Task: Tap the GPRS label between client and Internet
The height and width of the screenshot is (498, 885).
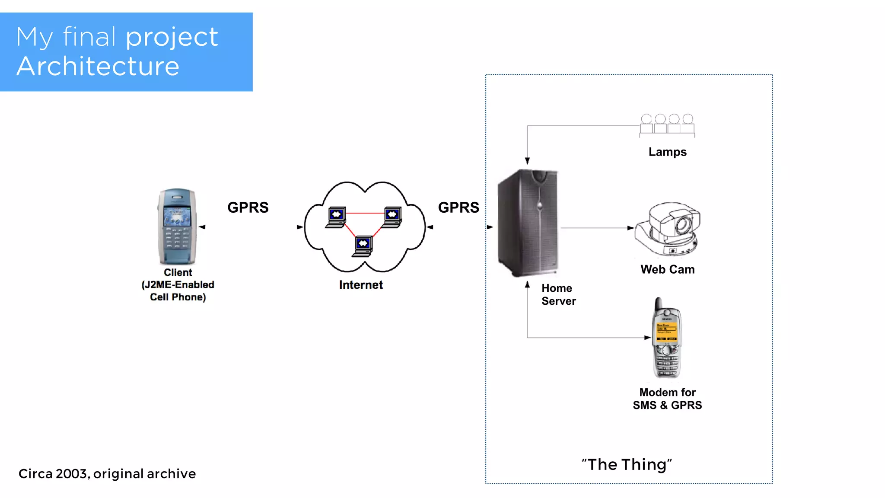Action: click(248, 207)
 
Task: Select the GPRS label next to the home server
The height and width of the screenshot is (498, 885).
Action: click(458, 207)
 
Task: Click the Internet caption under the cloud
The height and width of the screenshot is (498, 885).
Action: click(361, 285)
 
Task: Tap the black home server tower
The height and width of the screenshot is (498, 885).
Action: click(528, 223)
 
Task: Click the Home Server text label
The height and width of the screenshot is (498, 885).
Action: click(558, 294)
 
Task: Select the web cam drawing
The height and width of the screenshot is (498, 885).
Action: click(668, 229)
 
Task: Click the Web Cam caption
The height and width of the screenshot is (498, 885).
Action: click(667, 269)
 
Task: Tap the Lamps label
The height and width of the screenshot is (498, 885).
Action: click(667, 152)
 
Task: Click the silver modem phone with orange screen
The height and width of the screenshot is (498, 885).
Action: click(667, 339)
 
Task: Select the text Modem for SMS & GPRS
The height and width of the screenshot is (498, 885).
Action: click(667, 399)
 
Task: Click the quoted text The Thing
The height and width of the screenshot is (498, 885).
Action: click(627, 465)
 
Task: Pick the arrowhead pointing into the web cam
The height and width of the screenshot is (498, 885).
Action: click(631, 228)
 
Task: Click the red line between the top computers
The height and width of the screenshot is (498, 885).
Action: click(364, 213)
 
